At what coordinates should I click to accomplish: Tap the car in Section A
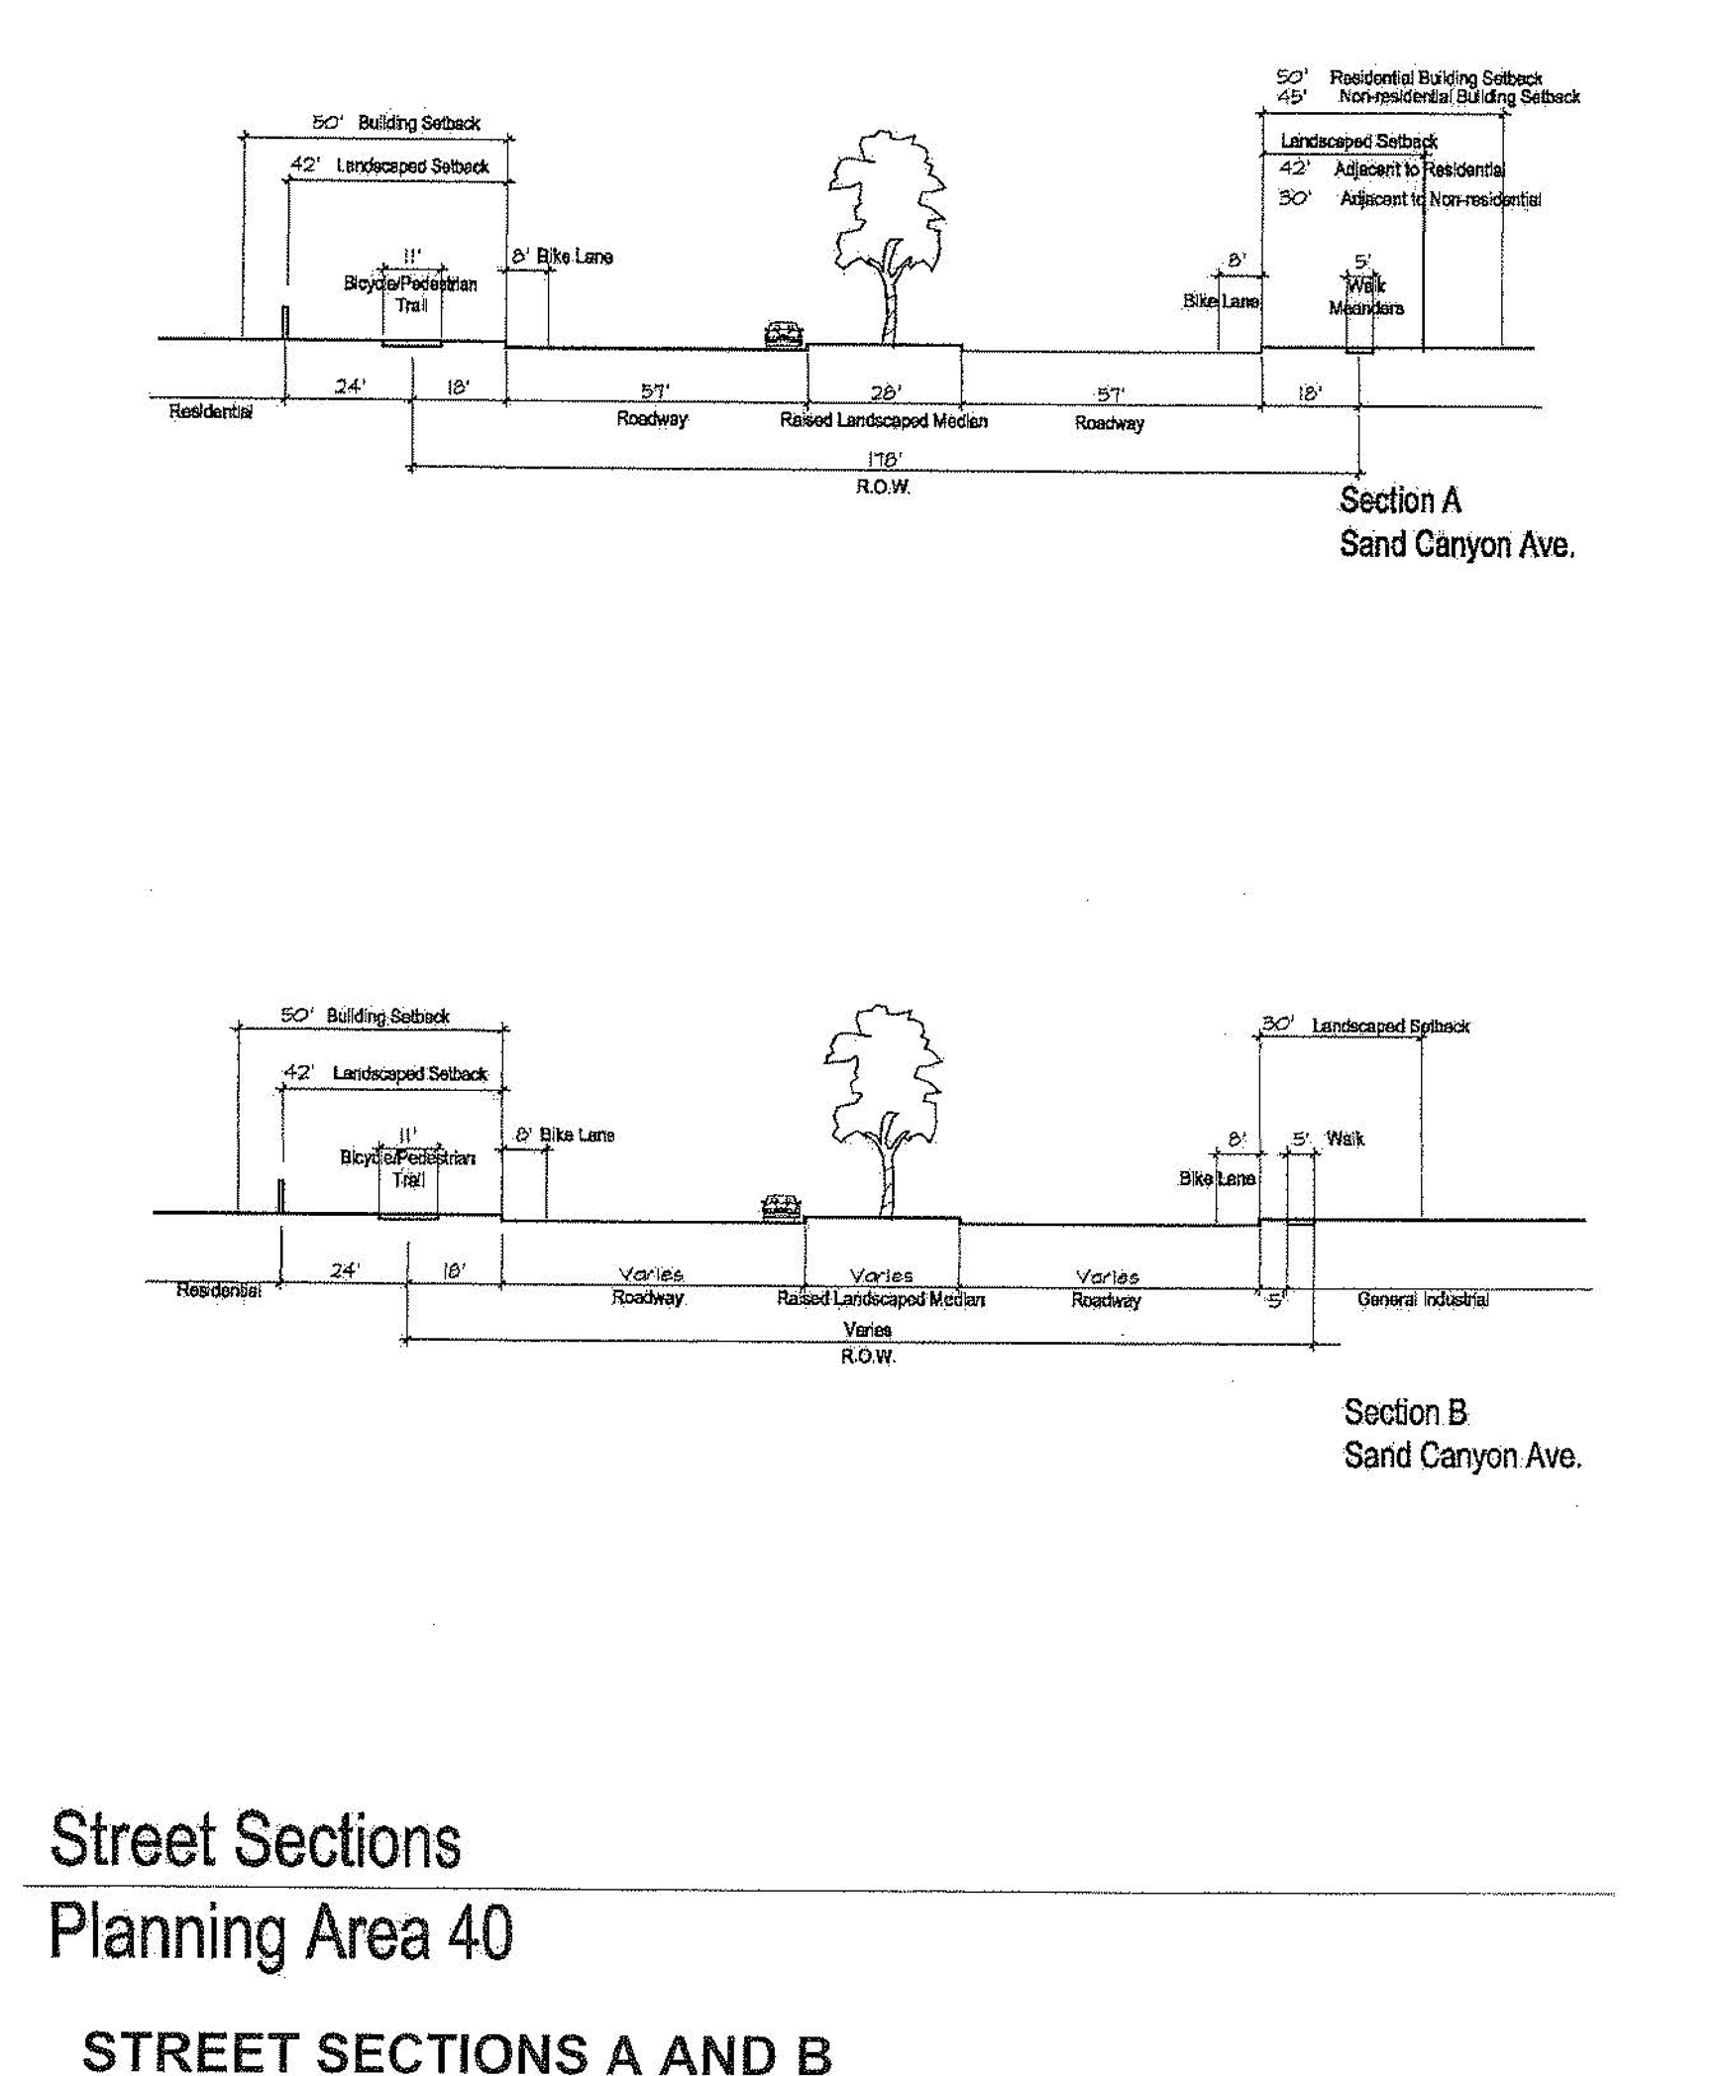point(783,334)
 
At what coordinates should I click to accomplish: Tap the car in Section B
point(781,1207)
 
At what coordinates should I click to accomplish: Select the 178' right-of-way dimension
point(884,459)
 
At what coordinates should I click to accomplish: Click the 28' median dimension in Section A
point(885,392)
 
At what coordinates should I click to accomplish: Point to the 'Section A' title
point(1400,500)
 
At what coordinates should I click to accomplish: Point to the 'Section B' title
point(1405,1413)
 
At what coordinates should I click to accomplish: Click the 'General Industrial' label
point(1423,1300)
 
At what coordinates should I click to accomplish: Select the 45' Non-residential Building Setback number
point(1291,97)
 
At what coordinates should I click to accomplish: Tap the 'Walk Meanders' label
point(1365,297)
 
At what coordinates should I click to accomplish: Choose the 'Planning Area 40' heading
point(280,1933)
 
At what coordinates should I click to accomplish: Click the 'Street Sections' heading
point(255,1840)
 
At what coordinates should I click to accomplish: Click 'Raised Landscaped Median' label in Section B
point(881,1299)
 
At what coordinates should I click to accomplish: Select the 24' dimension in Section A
point(349,386)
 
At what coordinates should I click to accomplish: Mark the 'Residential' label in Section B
point(219,1290)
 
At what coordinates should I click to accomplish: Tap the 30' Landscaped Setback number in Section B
point(1277,1024)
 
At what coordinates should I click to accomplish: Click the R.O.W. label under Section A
point(883,488)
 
